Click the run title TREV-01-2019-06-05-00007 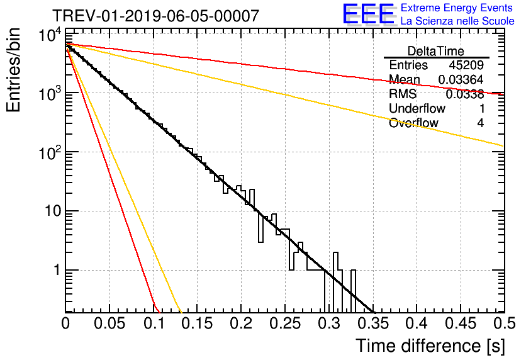[x=156, y=16]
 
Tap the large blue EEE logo [x=369, y=14]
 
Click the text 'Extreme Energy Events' [x=457, y=8]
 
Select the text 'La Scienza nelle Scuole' [x=457, y=21]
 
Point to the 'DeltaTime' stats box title [x=436, y=51]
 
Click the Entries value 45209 [x=466, y=65]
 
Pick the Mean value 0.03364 [x=461, y=79]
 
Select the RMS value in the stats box [x=465, y=94]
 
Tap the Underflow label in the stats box [x=417, y=109]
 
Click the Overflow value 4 [x=481, y=123]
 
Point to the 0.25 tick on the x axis [x=284, y=323]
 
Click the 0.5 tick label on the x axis [x=504, y=323]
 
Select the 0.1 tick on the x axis [x=154, y=323]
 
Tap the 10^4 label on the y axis [x=50, y=35]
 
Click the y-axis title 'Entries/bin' [x=13, y=70]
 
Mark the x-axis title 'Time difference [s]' [x=430, y=346]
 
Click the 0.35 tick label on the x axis [x=373, y=323]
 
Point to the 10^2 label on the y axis [x=50, y=154]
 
